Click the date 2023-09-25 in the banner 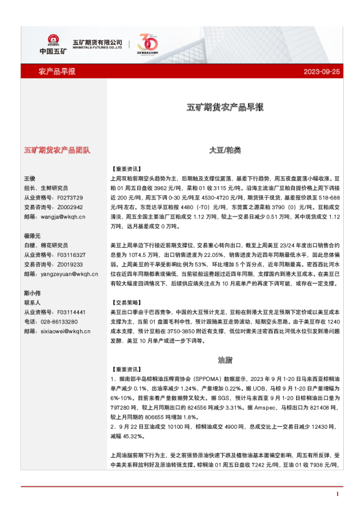(322, 72)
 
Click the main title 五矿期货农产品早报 (225, 107)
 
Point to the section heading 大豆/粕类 (225, 149)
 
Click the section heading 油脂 (225, 360)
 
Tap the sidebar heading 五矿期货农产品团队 (57, 150)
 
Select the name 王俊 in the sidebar (30, 178)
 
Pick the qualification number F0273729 (70, 198)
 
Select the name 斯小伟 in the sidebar (32, 293)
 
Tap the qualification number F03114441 (71, 312)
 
